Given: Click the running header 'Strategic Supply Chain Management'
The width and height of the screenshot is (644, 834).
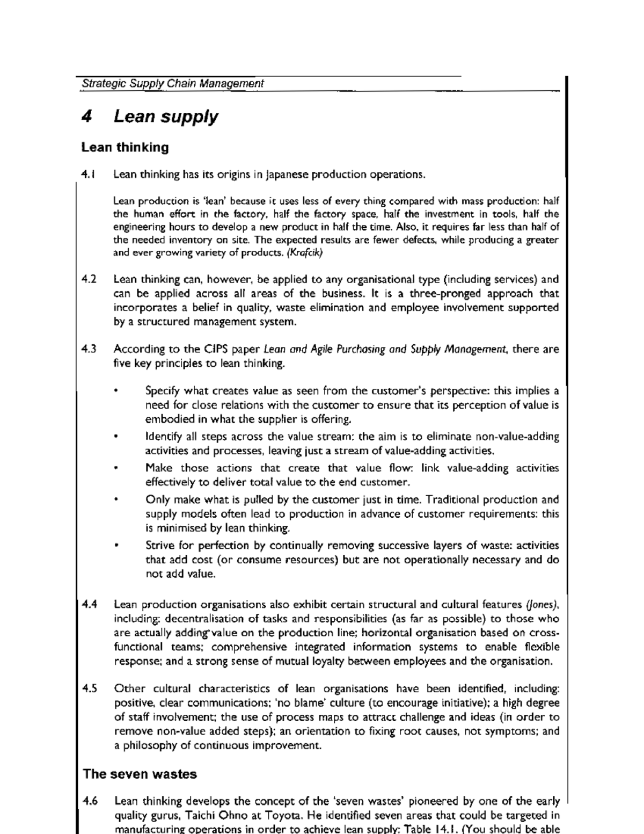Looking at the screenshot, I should pos(172,84).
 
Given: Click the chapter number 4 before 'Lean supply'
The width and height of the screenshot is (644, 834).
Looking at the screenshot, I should pos(86,117).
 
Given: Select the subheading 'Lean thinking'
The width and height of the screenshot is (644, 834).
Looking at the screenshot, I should pos(125,147).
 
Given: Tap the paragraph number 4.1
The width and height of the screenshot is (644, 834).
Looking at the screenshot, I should pos(88,174).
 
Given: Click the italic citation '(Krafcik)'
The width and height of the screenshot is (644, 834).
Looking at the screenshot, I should pos(304,253).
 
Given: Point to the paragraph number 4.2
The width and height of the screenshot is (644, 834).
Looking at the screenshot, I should pos(89,279).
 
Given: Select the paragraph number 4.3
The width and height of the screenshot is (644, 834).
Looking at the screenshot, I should pos(89,349).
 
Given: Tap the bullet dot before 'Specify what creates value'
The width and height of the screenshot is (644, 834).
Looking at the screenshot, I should pos(116,391).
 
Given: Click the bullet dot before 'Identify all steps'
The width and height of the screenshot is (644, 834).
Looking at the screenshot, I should pos(116,437).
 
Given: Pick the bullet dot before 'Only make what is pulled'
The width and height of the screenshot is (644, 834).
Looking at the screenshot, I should pos(116,500).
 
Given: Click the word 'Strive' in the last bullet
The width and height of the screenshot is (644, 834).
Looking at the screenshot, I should pos(160,546).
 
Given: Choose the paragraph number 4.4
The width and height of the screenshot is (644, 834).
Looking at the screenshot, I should pos(90,604).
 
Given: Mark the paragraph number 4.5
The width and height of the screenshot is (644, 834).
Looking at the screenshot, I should pos(90,688).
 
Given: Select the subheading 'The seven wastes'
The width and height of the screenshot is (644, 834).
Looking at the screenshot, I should pos(140,774).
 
